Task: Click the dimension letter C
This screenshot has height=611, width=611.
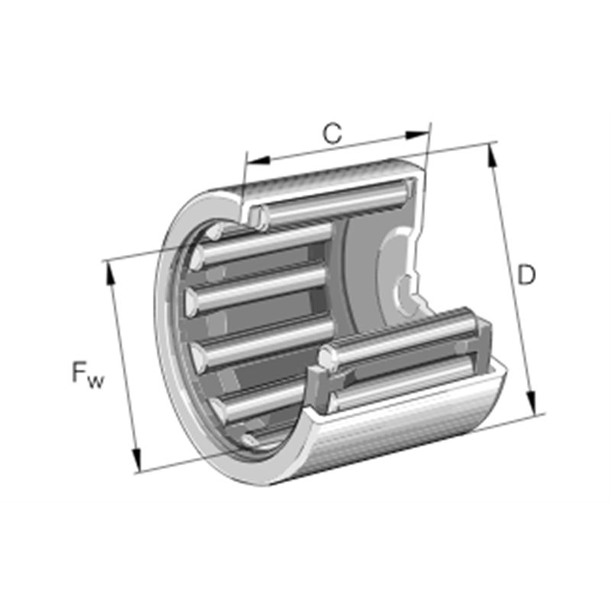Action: tap(331, 134)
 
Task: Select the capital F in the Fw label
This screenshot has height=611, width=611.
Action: tap(80, 373)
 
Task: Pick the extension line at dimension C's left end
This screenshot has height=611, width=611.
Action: tap(244, 172)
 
